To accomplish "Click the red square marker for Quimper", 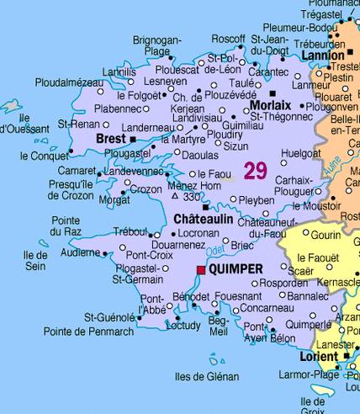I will click(200, 270).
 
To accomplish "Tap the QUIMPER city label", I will click(234, 269).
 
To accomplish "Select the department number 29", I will click(255, 171).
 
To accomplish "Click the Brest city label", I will click(112, 138).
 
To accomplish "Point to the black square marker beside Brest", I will click(133, 138).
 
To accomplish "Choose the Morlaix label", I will click(270, 105).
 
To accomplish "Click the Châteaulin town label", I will click(203, 218).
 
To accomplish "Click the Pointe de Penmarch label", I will click(88, 332).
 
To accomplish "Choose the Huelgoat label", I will click(302, 153).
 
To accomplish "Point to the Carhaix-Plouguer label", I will click(293, 185).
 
